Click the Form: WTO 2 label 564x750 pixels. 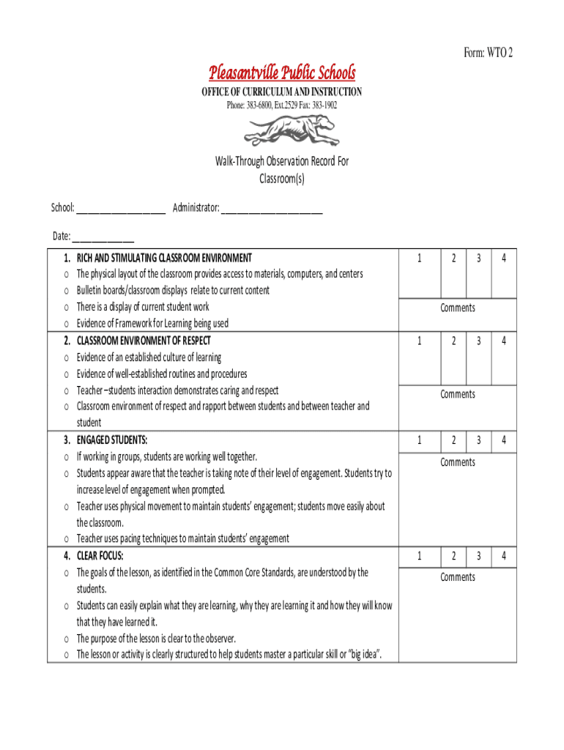(488, 52)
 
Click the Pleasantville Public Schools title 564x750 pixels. (282, 73)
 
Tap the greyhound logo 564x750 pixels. (292, 132)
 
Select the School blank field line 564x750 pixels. (121, 212)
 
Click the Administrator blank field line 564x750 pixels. (272, 212)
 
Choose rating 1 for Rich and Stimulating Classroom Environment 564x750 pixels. (420, 258)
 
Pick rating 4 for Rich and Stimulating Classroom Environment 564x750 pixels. (504, 258)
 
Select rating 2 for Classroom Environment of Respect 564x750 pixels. (454, 341)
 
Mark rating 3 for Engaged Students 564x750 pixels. (478, 440)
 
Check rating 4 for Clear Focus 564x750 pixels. (504, 557)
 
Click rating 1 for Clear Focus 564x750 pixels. (420, 557)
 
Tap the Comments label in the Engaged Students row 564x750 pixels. (458, 462)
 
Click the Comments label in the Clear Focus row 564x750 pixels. (458, 577)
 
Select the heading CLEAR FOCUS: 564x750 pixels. (100, 555)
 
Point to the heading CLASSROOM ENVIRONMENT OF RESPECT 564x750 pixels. (144, 341)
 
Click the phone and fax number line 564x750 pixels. (282, 105)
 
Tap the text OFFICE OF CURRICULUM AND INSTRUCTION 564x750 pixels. (282, 92)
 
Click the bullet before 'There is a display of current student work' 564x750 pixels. (66, 308)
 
